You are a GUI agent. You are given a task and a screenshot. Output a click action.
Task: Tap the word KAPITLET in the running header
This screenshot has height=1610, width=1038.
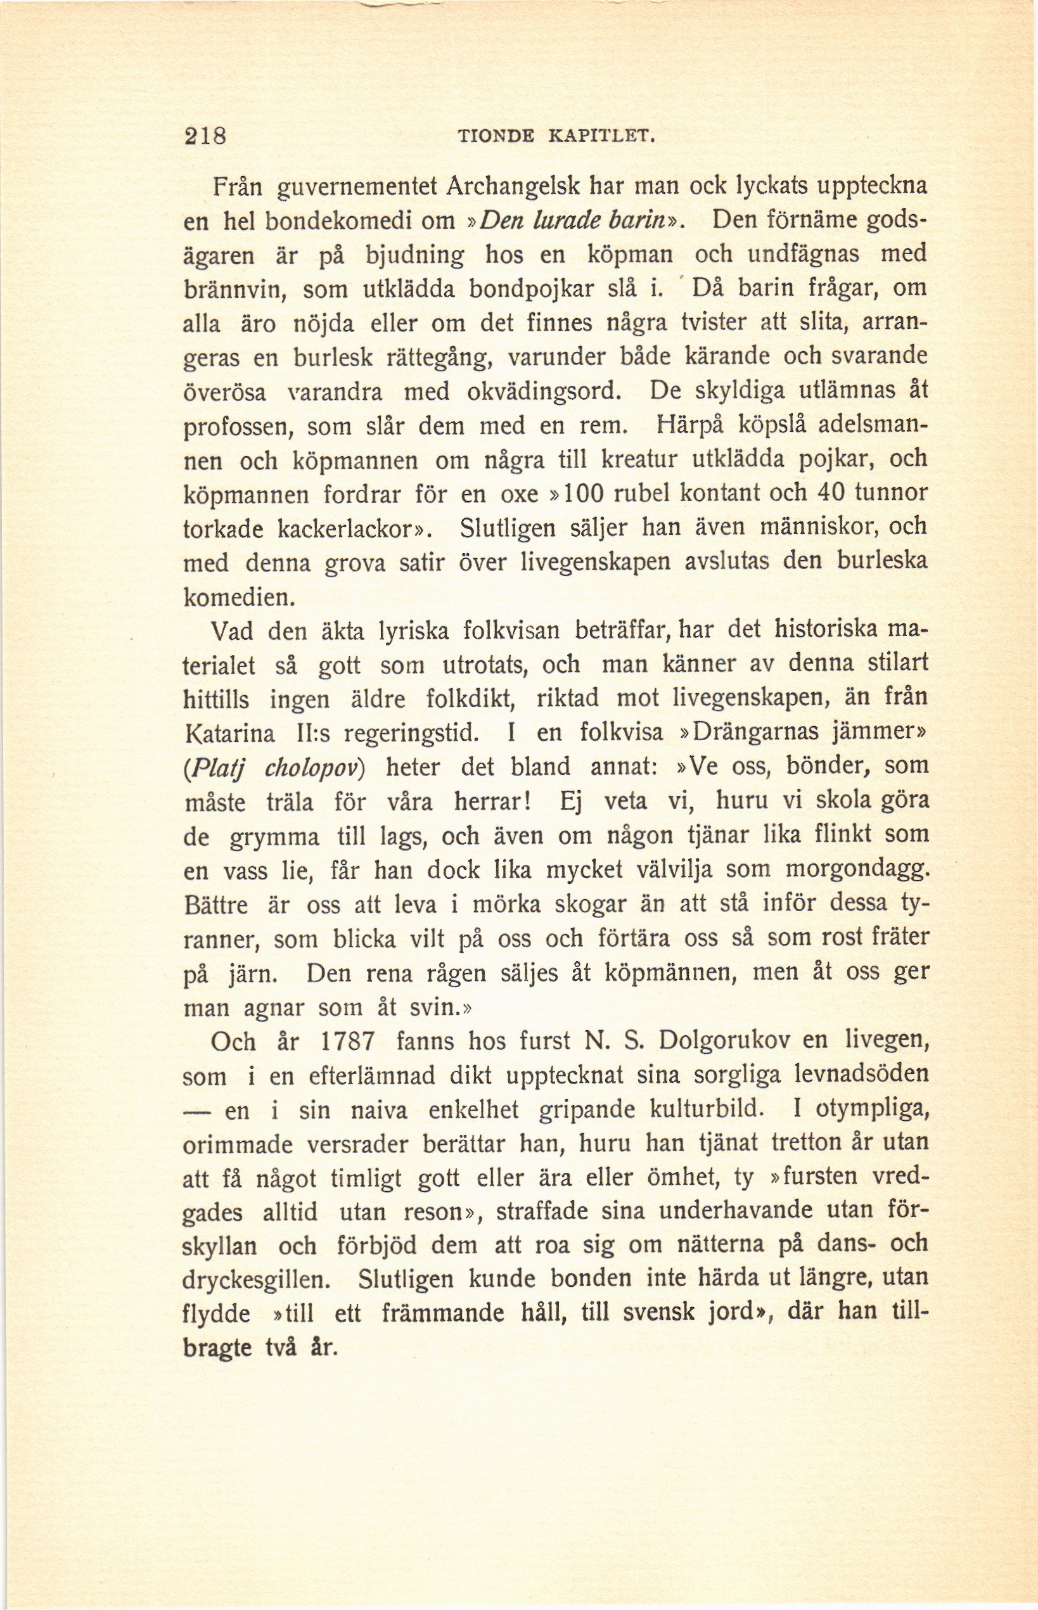602,137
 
